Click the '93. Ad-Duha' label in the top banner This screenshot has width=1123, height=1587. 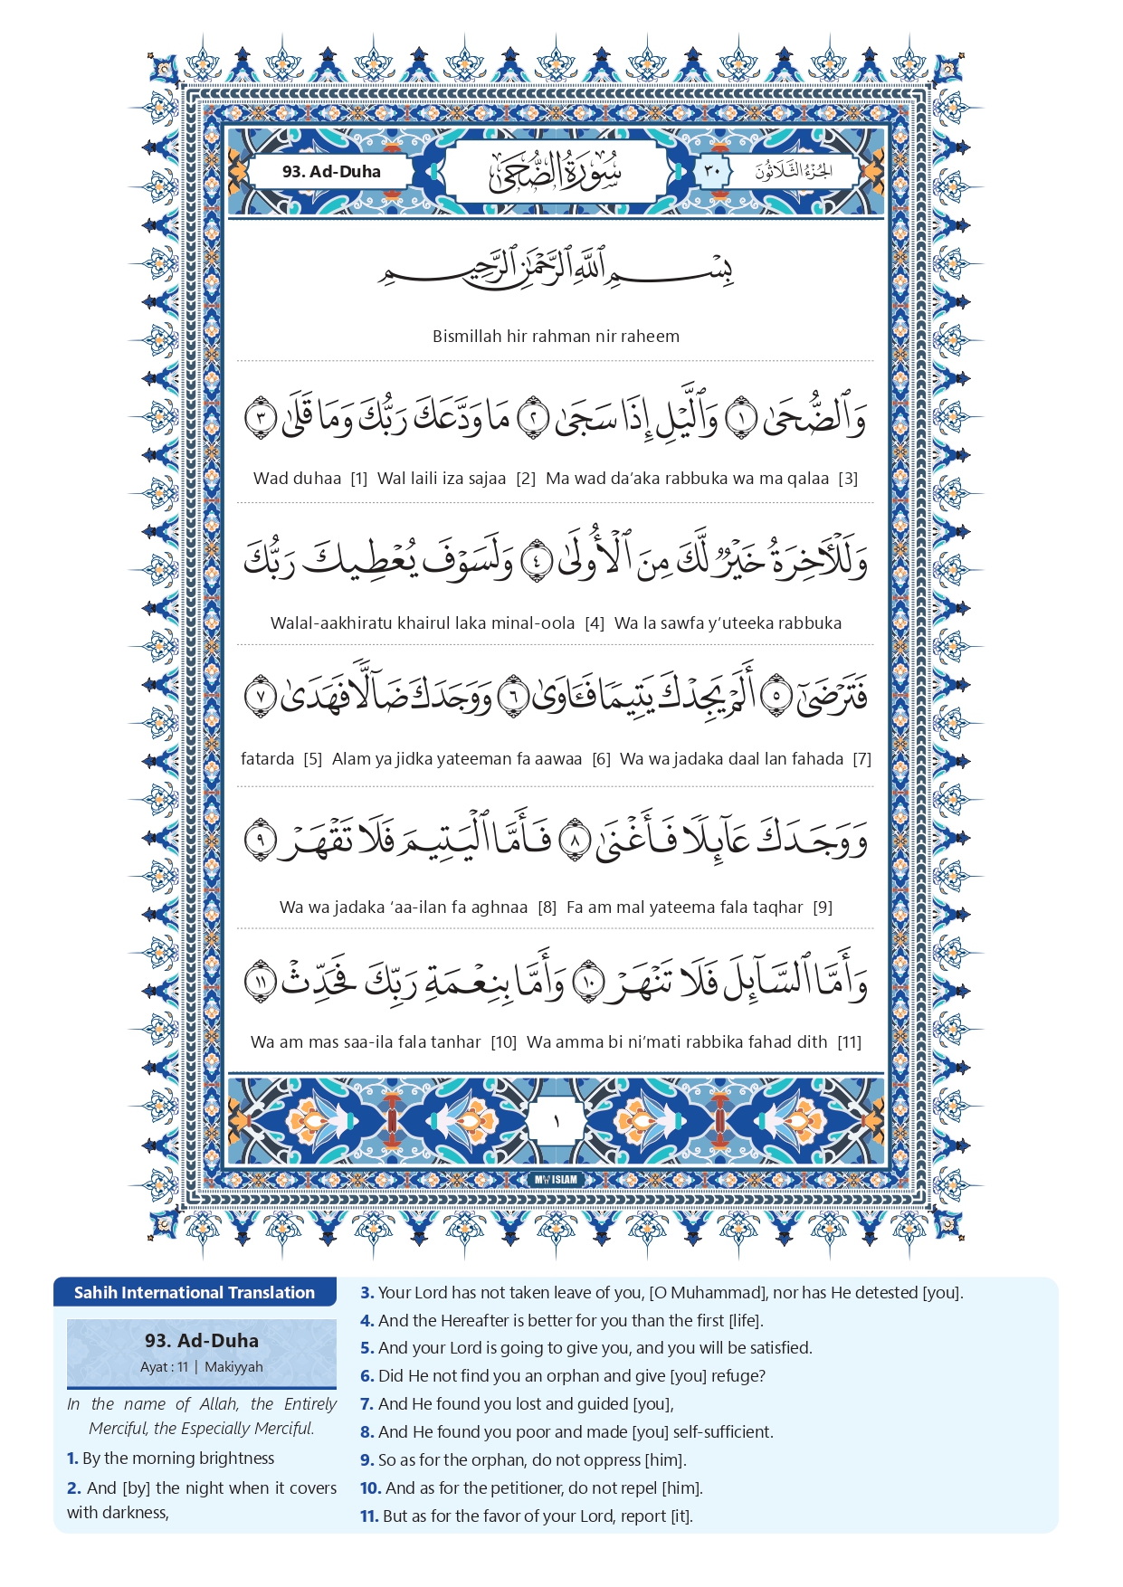click(331, 171)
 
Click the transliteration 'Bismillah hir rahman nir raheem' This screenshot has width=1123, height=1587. click(556, 337)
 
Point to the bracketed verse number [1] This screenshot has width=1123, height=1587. click(359, 479)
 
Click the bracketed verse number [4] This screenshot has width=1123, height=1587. click(595, 623)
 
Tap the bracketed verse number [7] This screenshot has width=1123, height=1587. click(862, 759)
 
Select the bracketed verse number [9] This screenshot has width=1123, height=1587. click(823, 908)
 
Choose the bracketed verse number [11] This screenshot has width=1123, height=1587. click(850, 1042)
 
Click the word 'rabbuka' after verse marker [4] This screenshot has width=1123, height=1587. click(806, 623)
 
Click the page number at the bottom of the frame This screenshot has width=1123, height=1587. click(557, 1122)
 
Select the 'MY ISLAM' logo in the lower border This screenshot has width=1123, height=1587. click(556, 1180)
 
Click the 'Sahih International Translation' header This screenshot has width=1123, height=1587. click(195, 1293)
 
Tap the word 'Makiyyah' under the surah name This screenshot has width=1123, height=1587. click(233, 1367)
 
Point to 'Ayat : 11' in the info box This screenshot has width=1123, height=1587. click(164, 1367)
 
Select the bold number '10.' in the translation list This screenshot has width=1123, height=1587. click(370, 1488)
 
